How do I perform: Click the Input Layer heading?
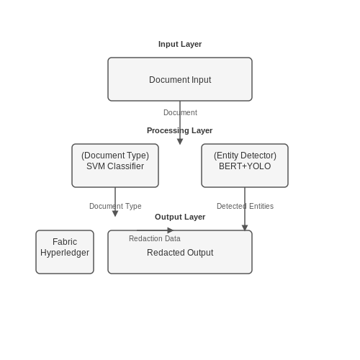180,44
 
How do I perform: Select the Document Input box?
180,79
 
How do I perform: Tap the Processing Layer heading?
179,130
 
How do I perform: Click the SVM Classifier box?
115,166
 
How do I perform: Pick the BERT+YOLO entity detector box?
245,166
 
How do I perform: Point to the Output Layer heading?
180,217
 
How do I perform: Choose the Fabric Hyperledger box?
65,252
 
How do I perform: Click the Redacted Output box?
180,252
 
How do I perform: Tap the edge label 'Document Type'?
115,206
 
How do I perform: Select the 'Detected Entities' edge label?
245,206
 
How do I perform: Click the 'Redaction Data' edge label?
155,238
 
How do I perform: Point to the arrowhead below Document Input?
180,142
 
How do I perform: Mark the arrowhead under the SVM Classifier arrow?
115,214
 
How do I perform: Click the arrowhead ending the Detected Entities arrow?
245,228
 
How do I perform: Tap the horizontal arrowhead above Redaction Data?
170,230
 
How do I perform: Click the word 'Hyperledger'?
65,253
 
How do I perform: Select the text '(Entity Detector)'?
245,156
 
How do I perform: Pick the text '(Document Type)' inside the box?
115,156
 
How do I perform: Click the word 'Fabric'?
65,242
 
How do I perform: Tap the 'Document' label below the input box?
180,112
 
